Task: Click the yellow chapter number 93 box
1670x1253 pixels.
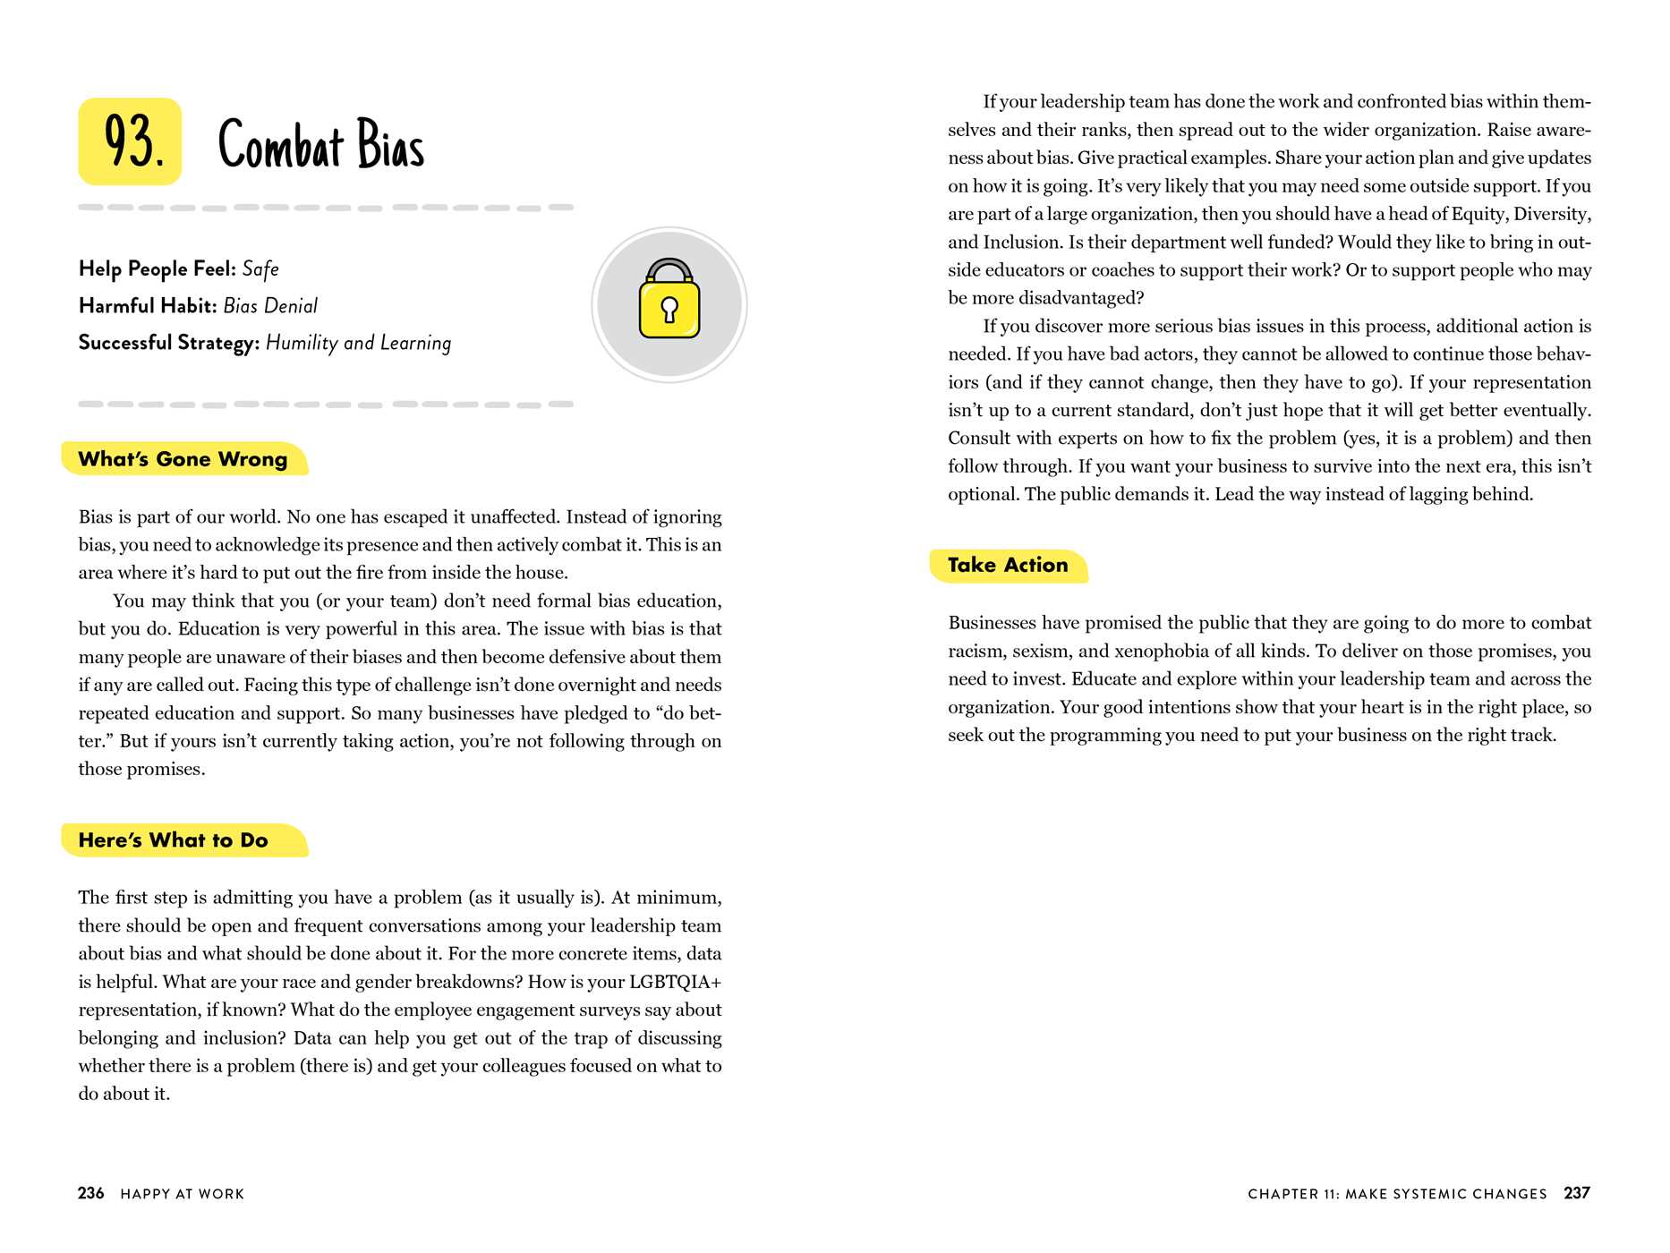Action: coord(131,141)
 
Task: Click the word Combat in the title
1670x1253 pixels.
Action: coord(281,145)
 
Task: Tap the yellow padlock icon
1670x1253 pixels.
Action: coord(669,300)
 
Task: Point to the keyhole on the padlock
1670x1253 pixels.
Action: coord(669,310)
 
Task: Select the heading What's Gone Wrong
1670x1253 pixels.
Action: coord(183,459)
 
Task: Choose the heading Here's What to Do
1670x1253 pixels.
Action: coord(174,840)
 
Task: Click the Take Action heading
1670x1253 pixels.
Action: coord(1008,566)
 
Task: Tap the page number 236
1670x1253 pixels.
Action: coord(91,1193)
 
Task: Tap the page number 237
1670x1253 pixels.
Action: coord(1577,1193)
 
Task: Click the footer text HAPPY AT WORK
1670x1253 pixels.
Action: coord(183,1194)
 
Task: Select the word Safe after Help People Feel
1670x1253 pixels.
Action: coord(260,269)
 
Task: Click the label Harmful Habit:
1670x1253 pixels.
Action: coord(148,306)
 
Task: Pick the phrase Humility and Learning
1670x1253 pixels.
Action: coord(358,344)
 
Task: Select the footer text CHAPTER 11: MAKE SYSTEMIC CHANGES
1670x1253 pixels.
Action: coord(1397,1194)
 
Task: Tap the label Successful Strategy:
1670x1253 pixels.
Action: coord(169,344)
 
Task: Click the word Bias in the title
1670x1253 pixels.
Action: coord(391,145)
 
